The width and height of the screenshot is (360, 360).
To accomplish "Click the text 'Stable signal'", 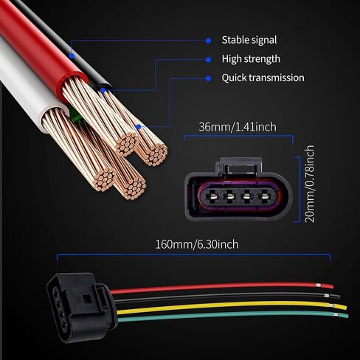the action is pyautogui.click(x=249, y=40).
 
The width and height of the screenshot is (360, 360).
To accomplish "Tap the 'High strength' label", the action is pyautogui.click(x=251, y=59).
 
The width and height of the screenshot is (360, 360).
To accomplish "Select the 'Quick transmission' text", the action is pyautogui.click(x=263, y=77).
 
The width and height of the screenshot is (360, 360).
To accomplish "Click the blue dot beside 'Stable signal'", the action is pyautogui.click(x=208, y=41).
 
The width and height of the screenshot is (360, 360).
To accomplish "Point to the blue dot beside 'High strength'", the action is pyautogui.click(x=208, y=60).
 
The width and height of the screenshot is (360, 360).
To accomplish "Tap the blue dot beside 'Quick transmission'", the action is pyautogui.click(x=208, y=78).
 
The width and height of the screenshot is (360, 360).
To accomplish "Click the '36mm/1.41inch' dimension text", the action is pyautogui.click(x=238, y=127).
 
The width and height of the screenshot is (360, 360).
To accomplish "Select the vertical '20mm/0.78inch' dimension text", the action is pyautogui.click(x=309, y=184).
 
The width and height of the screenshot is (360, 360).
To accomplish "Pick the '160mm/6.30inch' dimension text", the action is pyautogui.click(x=197, y=245).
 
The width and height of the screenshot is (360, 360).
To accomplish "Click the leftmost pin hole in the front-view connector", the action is pyautogui.click(x=212, y=196).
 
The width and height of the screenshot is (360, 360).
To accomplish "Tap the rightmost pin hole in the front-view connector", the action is pyautogui.click(x=264, y=196).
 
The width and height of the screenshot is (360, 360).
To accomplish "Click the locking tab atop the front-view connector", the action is pyautogui.click(x=239, y=166).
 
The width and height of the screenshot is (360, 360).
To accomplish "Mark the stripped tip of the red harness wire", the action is pyautogui.click(x=328, y=285).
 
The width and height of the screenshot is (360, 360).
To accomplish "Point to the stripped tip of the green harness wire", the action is pyautogui.click(x=342, y=315).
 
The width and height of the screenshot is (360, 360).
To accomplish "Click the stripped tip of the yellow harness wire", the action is pyautogui.click(x=341, y=307).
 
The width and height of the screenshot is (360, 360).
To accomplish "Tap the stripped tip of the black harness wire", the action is pyautogui.click(x=334, y=296).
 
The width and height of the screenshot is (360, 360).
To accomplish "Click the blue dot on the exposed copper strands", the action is pyautogui.click(x=139, y=127).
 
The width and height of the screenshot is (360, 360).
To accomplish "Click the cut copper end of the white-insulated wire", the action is pyautogui.click(x=105, y=181).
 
